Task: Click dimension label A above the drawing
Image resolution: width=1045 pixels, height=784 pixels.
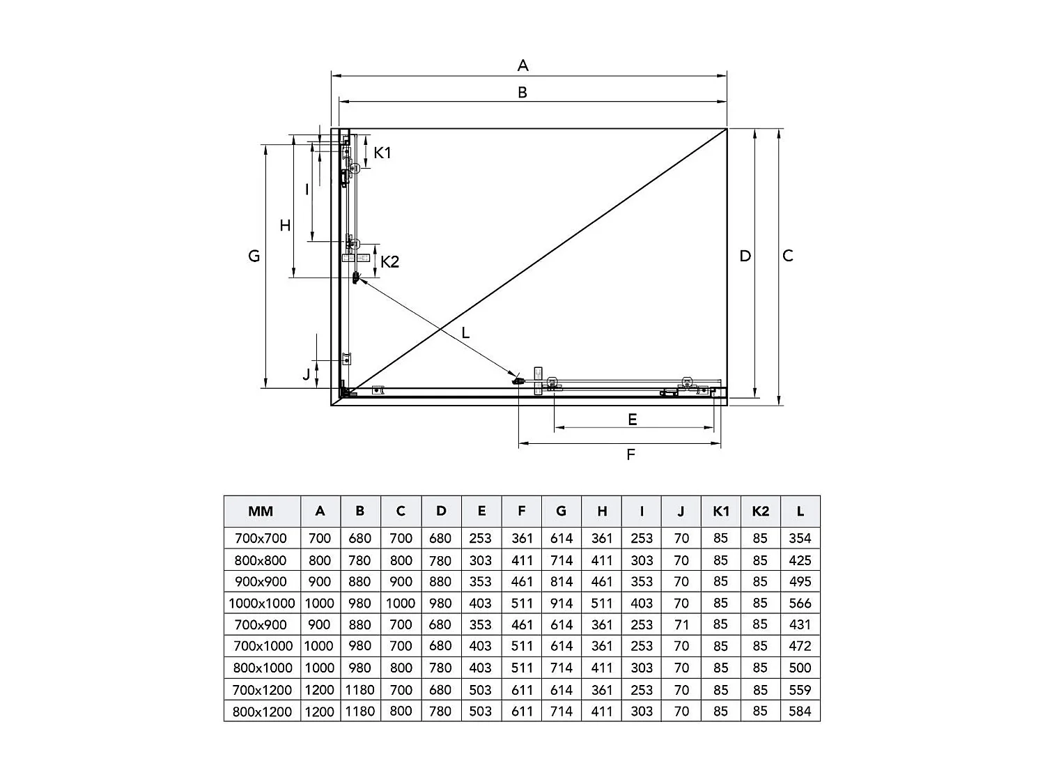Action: click(522, 66)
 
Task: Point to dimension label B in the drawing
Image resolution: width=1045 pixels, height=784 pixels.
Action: click(522, 92)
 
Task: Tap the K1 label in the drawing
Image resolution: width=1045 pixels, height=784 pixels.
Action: click(382, 153)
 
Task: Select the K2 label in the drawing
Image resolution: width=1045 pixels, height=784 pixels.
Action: click(389, 261)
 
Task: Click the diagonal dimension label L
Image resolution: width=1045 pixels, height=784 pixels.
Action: click(465, 333)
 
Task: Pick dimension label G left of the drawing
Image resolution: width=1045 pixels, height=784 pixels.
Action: click(254, 256)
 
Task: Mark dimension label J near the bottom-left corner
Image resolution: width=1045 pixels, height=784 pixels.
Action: click(307, 374)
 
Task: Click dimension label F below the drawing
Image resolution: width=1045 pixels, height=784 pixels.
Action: click(630, 454)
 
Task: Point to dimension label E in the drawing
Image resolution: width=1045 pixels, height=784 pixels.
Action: click(632, 419)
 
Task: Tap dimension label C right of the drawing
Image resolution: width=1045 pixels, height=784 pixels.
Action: click(787, 256)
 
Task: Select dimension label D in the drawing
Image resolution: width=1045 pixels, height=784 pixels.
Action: click(745, 256)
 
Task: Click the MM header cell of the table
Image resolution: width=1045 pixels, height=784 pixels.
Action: click(261, 512)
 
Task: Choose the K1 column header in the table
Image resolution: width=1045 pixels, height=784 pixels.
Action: click(721, 512)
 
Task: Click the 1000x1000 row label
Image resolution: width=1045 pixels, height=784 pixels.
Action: click(262, 603)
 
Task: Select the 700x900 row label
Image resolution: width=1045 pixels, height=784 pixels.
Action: click(261, 624)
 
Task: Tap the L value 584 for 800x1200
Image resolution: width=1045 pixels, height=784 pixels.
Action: click(800, 711)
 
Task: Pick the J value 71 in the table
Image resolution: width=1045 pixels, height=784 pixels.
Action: click(681, 624)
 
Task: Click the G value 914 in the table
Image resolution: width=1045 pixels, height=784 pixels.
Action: click(562, 603)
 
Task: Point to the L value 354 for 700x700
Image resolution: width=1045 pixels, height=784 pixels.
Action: click(800, 538)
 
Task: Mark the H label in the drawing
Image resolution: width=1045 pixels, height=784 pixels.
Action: click(285, 225)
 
